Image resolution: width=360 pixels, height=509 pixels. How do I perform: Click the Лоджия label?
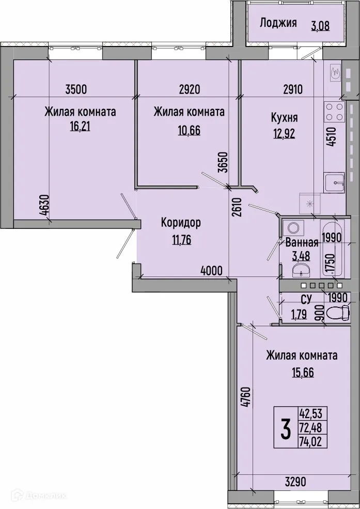point(278,23)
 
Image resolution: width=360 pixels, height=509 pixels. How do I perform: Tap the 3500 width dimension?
point(76,89)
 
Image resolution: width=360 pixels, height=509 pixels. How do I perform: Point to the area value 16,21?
point(80,126)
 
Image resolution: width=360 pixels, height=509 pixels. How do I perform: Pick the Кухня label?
point(285,118)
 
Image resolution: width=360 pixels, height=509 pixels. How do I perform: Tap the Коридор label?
point(181,223)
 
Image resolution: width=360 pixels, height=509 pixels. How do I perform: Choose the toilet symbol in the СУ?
point(339,312)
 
